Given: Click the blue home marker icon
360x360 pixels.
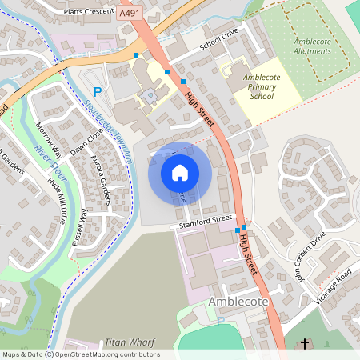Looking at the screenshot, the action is tap(180, 172).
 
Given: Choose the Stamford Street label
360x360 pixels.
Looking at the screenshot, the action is tap(205, 220).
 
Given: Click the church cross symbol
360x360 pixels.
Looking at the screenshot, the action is tap(305, 344).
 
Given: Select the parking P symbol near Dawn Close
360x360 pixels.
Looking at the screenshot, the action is tap(98, 92).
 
